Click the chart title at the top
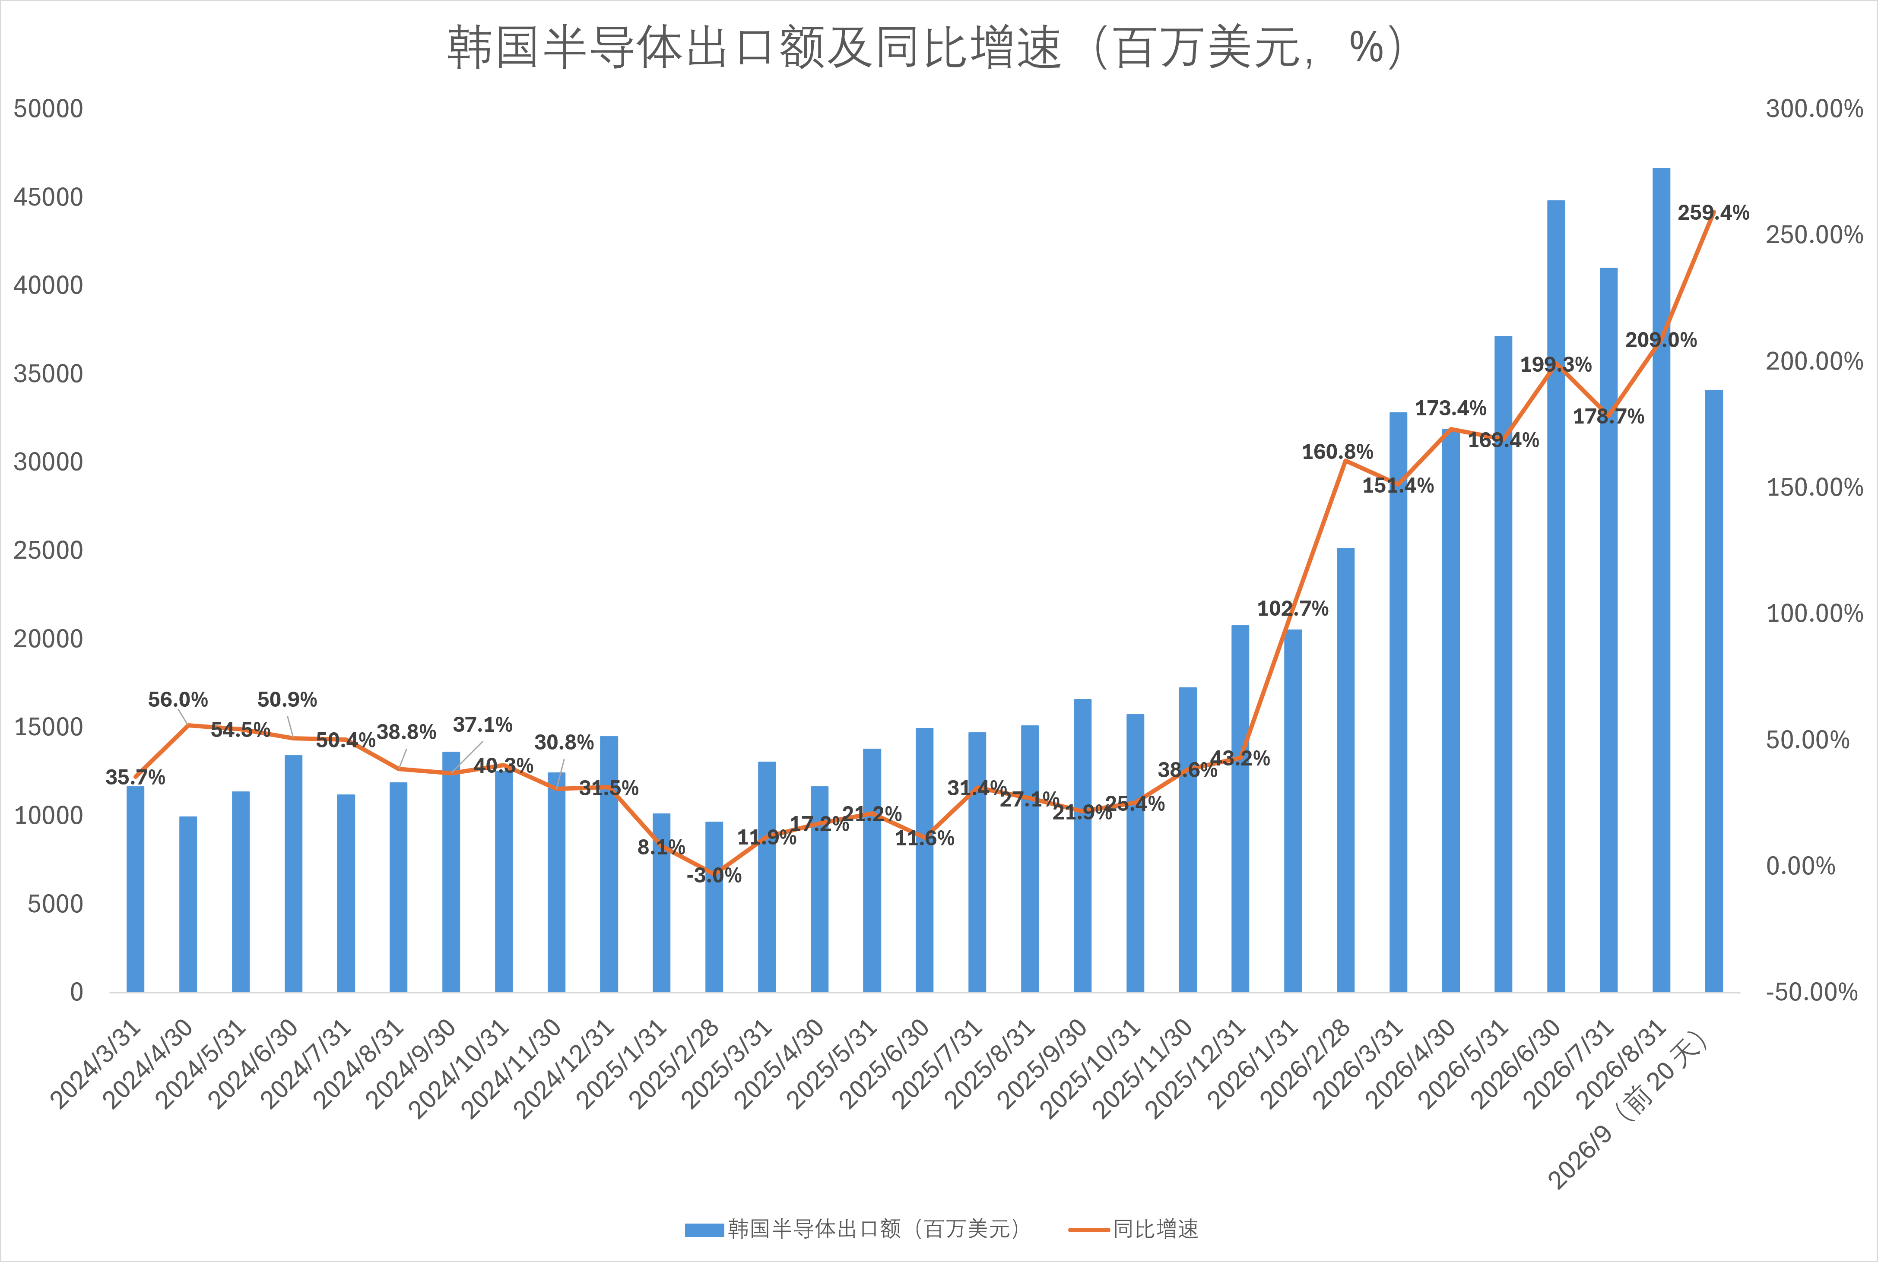[926, 47]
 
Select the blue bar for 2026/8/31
[1661, 579]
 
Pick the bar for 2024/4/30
[187, 904]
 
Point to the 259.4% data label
[1713, 212]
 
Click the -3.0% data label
[714, 875]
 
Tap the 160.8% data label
[1337, 452]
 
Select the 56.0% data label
[178, 699]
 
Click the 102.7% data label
[1293, 608]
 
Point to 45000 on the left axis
[48, 197]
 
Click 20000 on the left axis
[48, 639]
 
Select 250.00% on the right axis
[1815, 235]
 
